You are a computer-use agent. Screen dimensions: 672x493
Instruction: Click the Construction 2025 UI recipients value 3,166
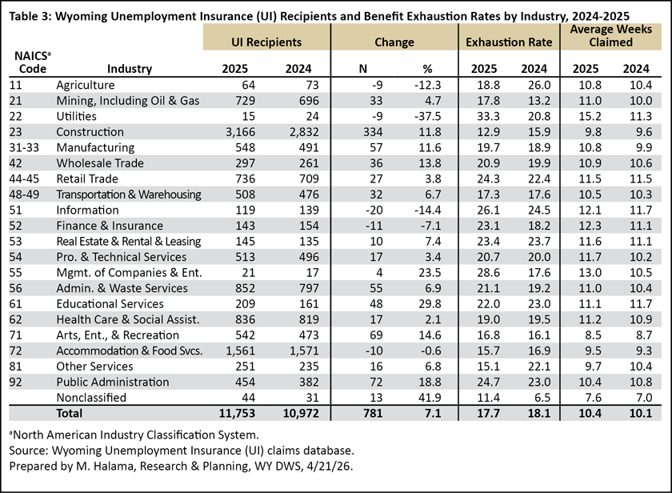pyautogui.click(x=241, y=132)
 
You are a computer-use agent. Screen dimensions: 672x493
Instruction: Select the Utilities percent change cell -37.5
pyautogui.click(x=427, y=116)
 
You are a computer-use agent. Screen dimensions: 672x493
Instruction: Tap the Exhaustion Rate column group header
pyautogui.click(x=509, y=42)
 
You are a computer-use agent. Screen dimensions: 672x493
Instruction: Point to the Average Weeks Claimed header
pyautogui.click(x=610, y=35)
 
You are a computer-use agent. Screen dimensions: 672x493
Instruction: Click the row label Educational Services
pyautogui.click(x=110, y=304)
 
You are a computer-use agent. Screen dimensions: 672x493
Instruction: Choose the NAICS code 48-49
pyautogui.click(x=24, y=194)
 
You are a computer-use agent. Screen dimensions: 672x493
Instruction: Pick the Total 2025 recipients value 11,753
pyautogui.click(x=237, y=413)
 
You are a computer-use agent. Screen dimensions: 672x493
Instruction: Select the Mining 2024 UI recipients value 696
pyautogui.click(x=309, y=101)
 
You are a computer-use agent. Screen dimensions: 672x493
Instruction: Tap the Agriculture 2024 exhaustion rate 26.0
pyautogui.click(x=539, y=85)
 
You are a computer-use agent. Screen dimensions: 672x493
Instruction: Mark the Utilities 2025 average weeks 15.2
pyautogui.click(x=590, y=116)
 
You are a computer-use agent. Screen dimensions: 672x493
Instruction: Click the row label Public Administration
pyautogui.click(x=113, y=382)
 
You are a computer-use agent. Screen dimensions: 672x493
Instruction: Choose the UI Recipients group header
pyautogui.click(x=266, y=42)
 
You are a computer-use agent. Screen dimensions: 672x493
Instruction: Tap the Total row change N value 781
pyautogui.click(x=373, y=413)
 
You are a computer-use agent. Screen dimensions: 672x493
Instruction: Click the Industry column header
pyautogui.click(x=130, y=69)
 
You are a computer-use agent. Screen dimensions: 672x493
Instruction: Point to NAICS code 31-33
pyautogui.click(x=24, y=147)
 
